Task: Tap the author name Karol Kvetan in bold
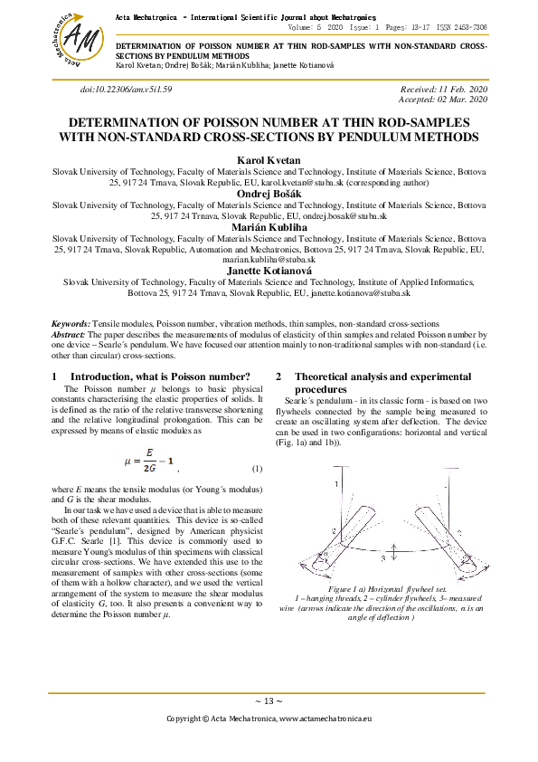(268, 159)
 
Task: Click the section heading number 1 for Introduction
(55, 376)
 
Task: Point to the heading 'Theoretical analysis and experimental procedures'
(382, 382)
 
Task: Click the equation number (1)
(257, 468)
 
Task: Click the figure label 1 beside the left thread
(335, 485)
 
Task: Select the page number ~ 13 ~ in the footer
(269, 700)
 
